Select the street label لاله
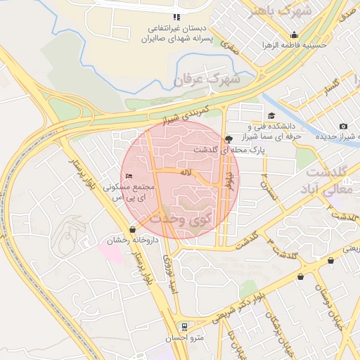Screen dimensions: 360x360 click(186, 172)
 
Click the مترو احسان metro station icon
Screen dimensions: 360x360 click(184, 326)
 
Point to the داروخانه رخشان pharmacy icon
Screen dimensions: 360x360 click(133, 229)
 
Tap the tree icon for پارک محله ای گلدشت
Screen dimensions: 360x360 click(229, 139)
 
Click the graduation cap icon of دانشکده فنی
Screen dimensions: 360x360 click(271, 116)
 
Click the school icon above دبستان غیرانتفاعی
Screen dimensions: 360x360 click(176, 17)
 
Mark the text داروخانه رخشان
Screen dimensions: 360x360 click(133, 241)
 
